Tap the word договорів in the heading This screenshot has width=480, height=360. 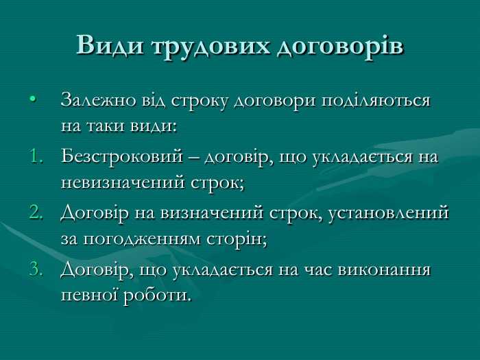[340, 45]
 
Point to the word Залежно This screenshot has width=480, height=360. [92, 100]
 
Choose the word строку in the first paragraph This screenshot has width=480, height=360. [197, 101]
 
